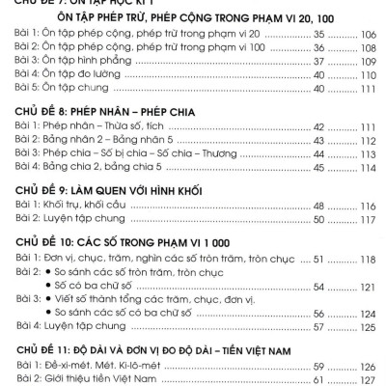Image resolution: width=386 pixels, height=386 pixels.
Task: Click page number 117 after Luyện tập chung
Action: point(369,220)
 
